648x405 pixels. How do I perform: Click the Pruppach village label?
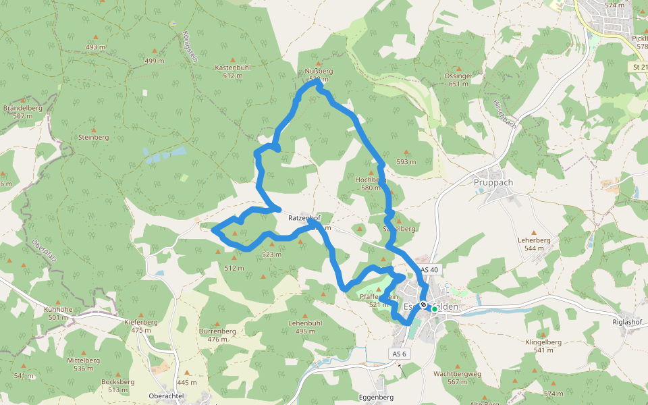point(493,182)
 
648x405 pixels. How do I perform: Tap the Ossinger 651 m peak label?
point(459,80)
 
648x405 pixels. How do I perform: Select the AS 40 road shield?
point(429,269)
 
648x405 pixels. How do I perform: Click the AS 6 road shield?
point(400,354)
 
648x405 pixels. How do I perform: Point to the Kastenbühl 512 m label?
point(233,72)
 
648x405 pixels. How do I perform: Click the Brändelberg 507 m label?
point(23,112)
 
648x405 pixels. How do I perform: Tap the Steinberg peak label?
point(93,137)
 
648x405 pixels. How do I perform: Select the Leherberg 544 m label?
point(534,244)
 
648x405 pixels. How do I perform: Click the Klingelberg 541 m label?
point(543,346)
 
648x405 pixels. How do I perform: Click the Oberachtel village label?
point(166,396)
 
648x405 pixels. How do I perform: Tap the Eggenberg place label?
point(376,398)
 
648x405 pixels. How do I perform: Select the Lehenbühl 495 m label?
point(306,327)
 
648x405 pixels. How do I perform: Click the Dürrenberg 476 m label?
point(217,335)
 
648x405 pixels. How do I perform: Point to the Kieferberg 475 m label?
point(141,326)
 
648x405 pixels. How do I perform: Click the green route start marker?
point(435,309)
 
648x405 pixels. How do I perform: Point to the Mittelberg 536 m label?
point(83,364)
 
